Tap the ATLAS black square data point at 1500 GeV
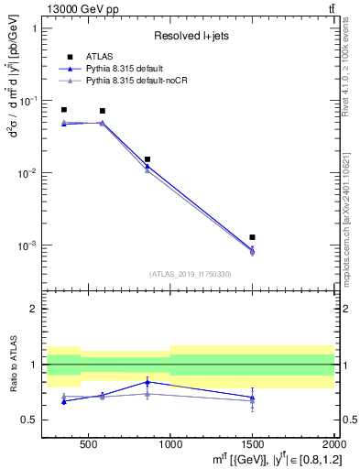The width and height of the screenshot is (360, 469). (x=252, y=237)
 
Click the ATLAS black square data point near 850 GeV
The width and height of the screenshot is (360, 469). (x=147, y=159)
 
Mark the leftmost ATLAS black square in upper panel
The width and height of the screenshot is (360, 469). (x=63, y=110)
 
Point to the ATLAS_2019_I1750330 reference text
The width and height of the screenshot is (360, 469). (x=190, y=274)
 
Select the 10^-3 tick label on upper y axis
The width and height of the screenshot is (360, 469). (x=27, y=245)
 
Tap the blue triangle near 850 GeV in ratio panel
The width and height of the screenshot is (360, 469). (x=147, y=381)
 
